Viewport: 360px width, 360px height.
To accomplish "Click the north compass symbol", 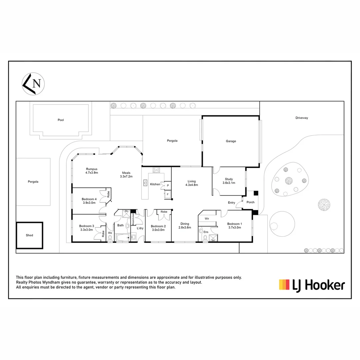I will point(33,84).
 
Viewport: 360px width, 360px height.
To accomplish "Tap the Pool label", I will point(61,120).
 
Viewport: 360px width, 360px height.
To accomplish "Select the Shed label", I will point(29,235).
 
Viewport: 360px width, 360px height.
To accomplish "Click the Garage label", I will point(231,141).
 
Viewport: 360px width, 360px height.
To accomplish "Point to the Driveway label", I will point(301,118).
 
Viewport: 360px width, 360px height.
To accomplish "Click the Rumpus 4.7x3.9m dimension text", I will point(91,173).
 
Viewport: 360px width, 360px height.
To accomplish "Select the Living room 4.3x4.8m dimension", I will point(191,185).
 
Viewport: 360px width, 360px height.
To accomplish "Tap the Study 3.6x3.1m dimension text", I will point(229,183).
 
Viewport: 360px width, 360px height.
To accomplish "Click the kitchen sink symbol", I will point(146,182).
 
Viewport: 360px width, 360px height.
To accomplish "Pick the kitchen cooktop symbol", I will point(156,170).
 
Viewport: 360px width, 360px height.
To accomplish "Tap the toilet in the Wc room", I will point(110,238).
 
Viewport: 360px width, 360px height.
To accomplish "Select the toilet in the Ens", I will point(205,238).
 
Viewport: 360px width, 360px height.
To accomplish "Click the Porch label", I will point(250,202).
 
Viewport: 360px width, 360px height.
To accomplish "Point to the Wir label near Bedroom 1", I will point(206,219).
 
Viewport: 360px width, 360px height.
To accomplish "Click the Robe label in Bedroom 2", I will point(164,212).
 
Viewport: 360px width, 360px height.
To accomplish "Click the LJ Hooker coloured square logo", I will point(284,284).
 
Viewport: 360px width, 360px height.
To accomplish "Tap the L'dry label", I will point(140,228).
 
